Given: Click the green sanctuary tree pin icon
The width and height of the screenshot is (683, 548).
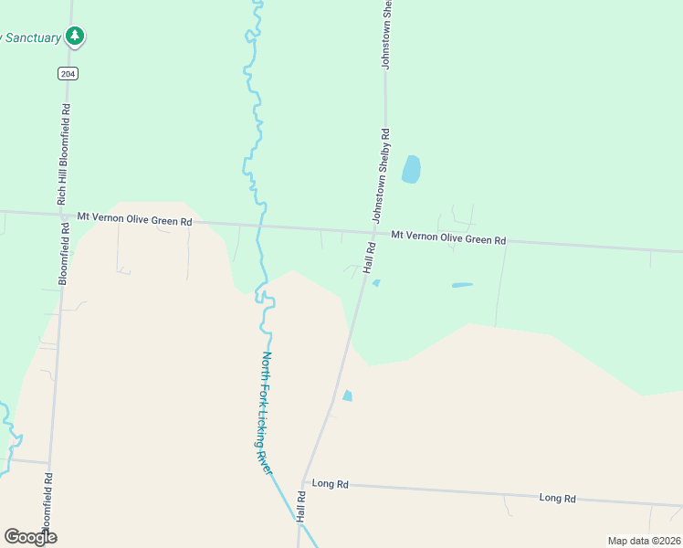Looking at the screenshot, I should click(75, 37).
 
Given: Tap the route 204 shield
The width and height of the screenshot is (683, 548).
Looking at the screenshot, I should click(66, 73).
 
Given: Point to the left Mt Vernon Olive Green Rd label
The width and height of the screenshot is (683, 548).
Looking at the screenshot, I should click(134, 218).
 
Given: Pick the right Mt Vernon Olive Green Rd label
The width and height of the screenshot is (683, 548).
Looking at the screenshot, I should click(448, 237).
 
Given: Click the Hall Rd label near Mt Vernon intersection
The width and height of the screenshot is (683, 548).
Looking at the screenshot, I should click(369, 257).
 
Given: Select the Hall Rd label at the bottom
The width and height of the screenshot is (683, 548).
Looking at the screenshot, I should click(299, 506).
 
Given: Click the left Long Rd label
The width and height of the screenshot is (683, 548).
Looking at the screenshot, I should click(331, 481).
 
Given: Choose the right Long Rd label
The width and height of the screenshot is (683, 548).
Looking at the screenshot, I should click(557, 498).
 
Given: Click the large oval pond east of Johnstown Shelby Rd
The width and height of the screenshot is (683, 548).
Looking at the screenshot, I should click(411, 169).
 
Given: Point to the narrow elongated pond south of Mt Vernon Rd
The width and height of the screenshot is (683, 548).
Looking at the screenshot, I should click(462, 285).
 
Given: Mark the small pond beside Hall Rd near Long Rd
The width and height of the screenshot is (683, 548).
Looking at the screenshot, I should click(347, 395).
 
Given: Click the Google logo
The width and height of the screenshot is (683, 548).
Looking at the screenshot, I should click(30, 537).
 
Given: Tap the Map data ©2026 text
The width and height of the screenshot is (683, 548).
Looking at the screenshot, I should click(644, 541).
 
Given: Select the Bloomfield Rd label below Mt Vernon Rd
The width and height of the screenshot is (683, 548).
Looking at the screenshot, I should click(64, 253).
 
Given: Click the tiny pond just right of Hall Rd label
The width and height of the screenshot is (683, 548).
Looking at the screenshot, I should click(376, 282).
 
